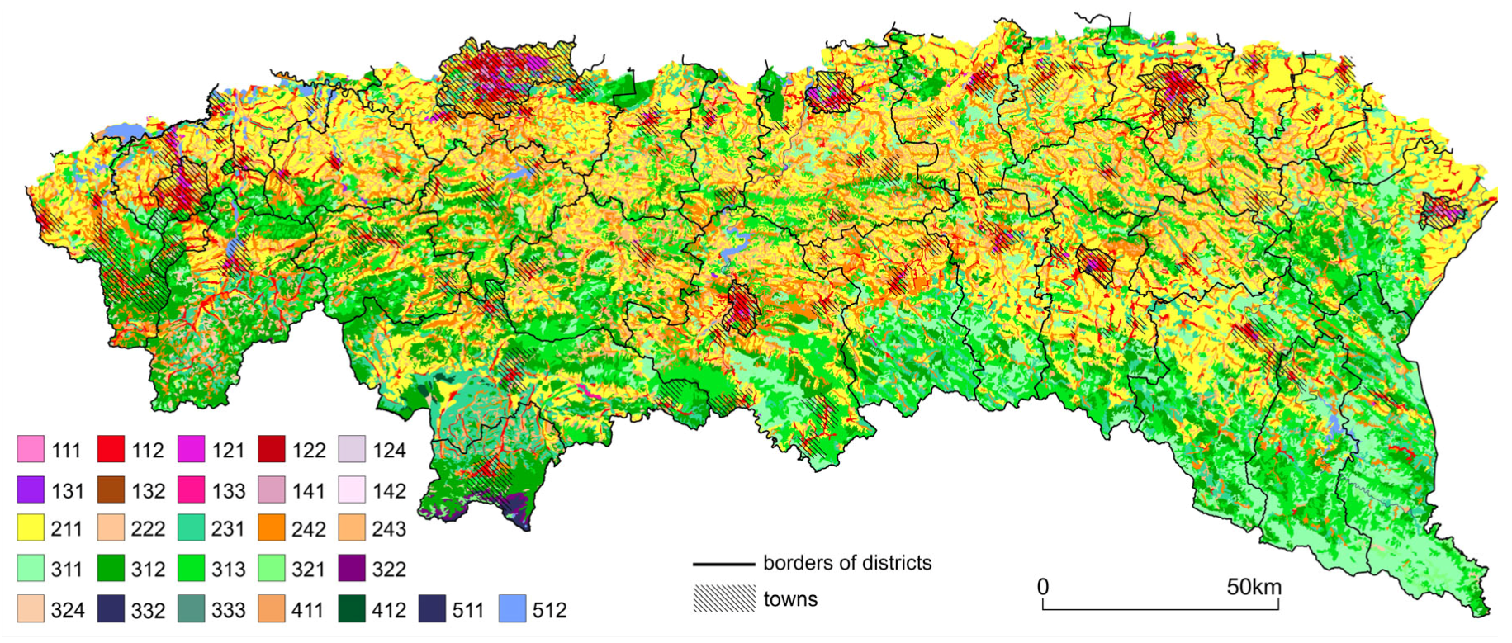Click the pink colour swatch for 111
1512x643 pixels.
click(x=30, y=450)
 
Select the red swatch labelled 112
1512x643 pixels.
click(x=111, y=450)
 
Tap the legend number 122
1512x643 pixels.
click(x=308, y=451)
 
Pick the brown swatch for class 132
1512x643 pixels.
click(x=111, y=490)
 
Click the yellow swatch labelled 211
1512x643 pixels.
click(x=30, y=528)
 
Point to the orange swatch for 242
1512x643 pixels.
click(x=272, y=528)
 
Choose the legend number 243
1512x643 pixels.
click(x=389, y=529)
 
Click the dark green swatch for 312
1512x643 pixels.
click(x=111, y=569)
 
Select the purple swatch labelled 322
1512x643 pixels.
click(x=352, y=569)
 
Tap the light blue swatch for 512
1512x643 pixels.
click(x=513, y=609)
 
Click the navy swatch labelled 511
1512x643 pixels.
click(x=432, y=609)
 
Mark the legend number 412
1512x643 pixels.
click(x=389, y=610)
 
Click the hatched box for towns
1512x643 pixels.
click(x=724, y=598)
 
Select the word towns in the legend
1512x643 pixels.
click(x=790, y=599)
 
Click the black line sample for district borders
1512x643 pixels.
click(x=723, y=564)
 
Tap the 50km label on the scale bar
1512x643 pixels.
click(x=1254, y=587)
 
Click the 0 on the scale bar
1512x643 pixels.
click(x=1043, y=587)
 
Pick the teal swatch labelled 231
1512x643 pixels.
click(x=191, y=528)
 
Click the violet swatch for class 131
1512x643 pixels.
click(x=30, y=490)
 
